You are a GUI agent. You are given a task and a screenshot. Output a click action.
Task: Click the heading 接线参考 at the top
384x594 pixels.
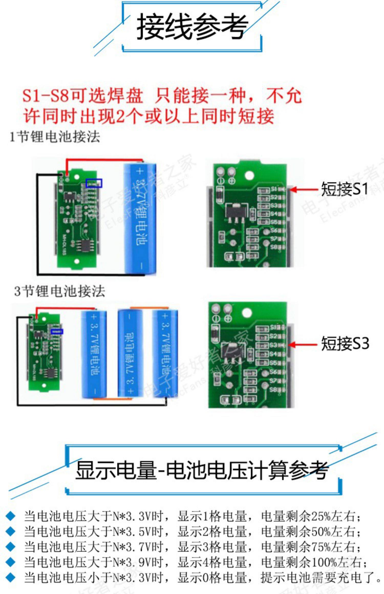[x=192, y=27]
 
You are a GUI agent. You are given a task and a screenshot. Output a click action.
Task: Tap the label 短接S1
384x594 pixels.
[x=344, y=189]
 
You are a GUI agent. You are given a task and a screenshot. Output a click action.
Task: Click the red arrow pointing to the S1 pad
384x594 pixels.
[x=303, y=190]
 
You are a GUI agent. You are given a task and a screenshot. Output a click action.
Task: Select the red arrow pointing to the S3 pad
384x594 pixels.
[x=302, y=345]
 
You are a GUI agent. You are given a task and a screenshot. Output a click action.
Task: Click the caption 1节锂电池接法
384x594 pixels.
[x=55, y=137]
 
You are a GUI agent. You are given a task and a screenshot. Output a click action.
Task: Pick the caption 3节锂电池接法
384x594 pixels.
[x=59, y=291]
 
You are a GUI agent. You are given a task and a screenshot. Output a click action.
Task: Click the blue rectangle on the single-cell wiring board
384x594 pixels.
[x=94, y=183]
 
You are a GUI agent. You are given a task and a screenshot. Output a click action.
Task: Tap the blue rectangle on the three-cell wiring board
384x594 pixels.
[x=57, y=332]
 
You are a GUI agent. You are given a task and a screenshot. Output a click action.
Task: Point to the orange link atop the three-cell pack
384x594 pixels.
[x=149, y=308]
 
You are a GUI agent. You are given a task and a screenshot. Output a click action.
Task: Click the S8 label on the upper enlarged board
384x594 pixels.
[x=274, y=247]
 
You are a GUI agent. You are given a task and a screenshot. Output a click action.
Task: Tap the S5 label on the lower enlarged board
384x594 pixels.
[x=273, y=363]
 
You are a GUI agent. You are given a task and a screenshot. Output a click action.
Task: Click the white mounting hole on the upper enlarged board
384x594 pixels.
[x=249, y=175]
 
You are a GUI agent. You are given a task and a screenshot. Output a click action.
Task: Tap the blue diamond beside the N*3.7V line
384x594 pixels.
[x=10, y=547]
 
